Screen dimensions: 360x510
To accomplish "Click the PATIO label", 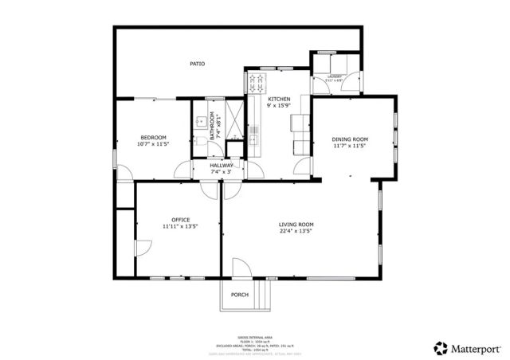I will [197, 64].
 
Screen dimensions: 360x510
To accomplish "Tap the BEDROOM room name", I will [153, 137].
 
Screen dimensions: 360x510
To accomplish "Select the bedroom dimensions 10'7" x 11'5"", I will [153, 145].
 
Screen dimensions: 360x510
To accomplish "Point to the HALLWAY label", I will [222, 165].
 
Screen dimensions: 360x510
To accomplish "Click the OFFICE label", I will [180, 219].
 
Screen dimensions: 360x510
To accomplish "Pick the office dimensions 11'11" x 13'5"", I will [180, 227].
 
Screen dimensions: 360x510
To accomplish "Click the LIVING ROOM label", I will [296, 225].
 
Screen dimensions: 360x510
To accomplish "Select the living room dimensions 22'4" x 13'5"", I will [296, 233].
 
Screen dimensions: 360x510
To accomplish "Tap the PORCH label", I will [239, 295].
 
